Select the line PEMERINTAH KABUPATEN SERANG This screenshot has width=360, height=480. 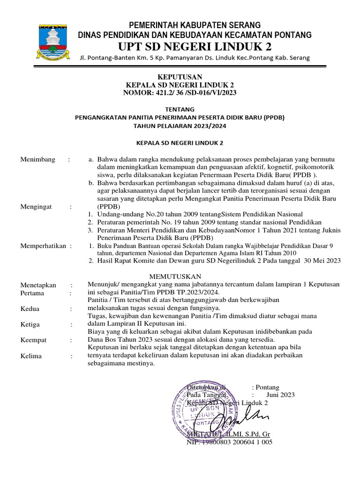(x=195, y=25)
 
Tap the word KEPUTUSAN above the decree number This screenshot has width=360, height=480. (x=180, y=77)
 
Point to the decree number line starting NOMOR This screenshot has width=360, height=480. (x=180, y=93)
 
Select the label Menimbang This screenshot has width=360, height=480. (x=38, y=159)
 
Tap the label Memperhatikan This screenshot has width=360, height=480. (x=43, y=246)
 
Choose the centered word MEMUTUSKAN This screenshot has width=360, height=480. (x=175, y=276)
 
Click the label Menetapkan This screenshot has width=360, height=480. (x=38, y=285)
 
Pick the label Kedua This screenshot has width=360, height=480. (x=30, y=309)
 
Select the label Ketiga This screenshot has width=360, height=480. (x=30, y=324)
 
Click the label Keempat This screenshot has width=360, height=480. (x=33, y=340)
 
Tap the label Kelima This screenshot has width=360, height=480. (x=31, y=356)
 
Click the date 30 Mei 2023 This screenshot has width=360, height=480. (x=322, y=261)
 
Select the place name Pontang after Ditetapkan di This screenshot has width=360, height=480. (x=267, y=387)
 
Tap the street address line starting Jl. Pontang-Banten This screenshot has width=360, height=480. (x=195, y=58)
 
